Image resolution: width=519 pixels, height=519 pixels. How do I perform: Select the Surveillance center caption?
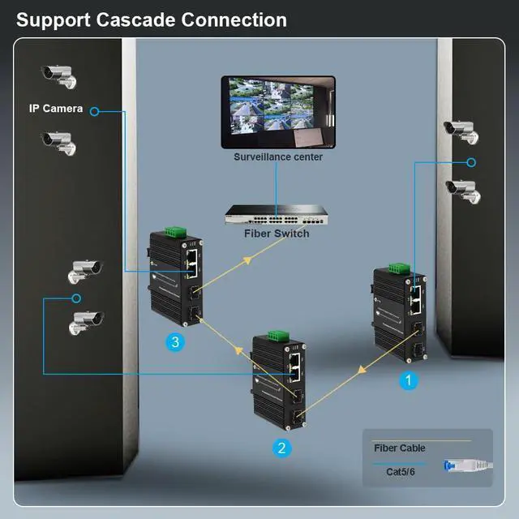(278, 157)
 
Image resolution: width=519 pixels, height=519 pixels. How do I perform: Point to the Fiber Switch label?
(277, 234)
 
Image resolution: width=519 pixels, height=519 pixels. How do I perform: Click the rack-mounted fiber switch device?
(277, 216)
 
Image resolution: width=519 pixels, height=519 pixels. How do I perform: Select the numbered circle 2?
(281, 446)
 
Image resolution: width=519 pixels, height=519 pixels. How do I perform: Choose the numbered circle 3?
(174, 342)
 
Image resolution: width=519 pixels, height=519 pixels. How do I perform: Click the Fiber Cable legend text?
(399, 448)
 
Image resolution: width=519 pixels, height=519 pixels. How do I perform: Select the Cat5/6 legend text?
(401, 471)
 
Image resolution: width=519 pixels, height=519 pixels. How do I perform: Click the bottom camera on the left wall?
(88, 323)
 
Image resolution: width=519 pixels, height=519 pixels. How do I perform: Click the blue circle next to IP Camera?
(95, 109)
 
